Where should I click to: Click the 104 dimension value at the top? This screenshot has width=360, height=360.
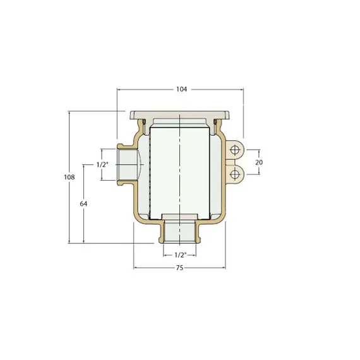point(182,89)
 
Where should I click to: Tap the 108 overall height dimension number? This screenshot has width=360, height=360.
point(69,177)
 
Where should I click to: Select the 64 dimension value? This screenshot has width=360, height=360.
point(83,203)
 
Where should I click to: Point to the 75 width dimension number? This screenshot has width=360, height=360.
point(180,268)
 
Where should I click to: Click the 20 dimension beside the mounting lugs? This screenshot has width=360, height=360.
point(259,162)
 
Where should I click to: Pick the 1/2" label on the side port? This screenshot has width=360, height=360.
point(102,164)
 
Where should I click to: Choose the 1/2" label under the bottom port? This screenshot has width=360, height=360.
point(181,255)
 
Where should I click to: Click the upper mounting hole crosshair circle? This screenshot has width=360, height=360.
point(235,150)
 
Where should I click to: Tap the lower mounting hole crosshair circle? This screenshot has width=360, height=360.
point(235,174)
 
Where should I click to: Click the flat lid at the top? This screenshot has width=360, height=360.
point(180,115)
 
